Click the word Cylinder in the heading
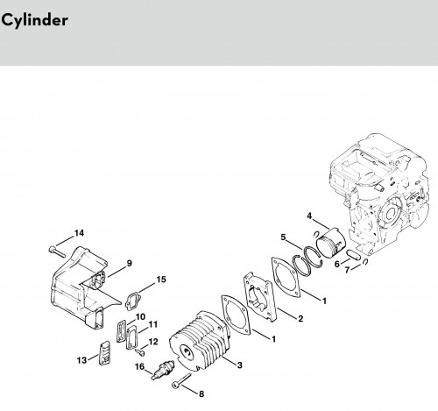[34, 20]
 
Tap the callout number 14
[79, 233]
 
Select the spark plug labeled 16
[162, 371]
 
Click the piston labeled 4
[331, 242]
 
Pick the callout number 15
[161, 280]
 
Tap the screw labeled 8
[181, 380]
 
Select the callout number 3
[240, 365]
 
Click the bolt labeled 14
[57, 252]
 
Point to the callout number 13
[82, 360]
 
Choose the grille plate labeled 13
[104, 353]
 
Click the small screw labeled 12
[140, 353]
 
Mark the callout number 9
[129, 263]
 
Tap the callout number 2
[300, 318]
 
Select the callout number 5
[283, 237]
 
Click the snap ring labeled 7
[364, 262]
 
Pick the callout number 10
[140, 317]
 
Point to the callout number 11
[152, 324]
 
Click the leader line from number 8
[189, 389]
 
